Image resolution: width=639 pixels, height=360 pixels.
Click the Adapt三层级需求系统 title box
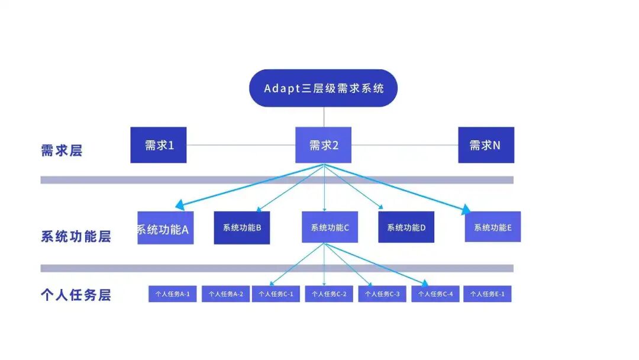tap(323, 88)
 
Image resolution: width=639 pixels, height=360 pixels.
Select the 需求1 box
tap(159, 145)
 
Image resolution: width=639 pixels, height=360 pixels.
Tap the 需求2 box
tap(323, 145)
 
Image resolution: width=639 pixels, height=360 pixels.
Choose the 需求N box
tap(486, 145)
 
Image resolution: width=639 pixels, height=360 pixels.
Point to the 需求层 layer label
tap(62, 150)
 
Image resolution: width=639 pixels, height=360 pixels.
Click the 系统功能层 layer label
tap(76, 237)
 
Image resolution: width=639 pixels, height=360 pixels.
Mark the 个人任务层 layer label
tap(76, 295)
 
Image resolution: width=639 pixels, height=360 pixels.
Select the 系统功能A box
tap(166, 228)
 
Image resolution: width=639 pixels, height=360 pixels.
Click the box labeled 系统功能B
tap(242, 228)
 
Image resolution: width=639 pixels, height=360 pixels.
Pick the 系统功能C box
tap(330, 228)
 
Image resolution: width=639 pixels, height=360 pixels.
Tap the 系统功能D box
tap(406, 228)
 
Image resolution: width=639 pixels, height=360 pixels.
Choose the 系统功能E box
tap(493, 227)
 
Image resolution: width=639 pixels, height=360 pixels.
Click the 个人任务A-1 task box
tap(172, 294)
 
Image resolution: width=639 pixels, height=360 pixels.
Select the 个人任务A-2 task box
tap(225, 294)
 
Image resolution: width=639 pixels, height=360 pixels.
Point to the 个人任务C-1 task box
tap(276, 294)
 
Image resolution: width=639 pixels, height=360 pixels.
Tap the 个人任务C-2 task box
tap(329, 294)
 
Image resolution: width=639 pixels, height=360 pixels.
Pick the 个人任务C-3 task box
tap(382, 294)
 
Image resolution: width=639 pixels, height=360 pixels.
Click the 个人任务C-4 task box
tap(435, 294)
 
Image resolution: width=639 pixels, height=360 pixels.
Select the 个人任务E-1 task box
tap(487, 294)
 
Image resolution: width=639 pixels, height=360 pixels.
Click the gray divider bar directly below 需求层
tap(277, 180)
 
